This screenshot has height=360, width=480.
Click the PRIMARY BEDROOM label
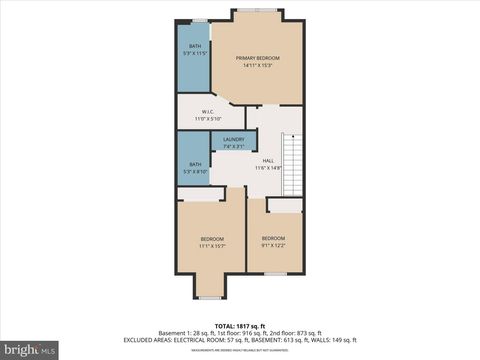[257, 59]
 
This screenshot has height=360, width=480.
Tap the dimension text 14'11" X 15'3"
[257, 67]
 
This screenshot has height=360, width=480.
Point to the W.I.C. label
[206, 111]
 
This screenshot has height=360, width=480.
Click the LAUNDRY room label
[233, 139]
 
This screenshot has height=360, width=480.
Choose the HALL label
[268, 160]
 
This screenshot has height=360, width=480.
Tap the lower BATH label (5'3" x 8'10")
[195, 164]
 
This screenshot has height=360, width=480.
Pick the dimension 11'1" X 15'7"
[212, 245]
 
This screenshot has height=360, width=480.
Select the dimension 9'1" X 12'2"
[273, 245]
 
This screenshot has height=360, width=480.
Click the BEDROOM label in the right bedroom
[273, 237]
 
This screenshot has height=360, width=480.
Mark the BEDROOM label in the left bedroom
[212, 238]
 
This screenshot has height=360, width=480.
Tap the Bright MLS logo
[30, 350]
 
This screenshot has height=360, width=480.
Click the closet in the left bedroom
[201, 194]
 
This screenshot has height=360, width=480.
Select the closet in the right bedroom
[284, 205]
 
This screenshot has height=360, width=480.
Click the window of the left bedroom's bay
[210, 297]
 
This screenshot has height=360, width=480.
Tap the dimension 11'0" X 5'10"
[206, 119]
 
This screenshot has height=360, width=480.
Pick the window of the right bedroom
[275, 273]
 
